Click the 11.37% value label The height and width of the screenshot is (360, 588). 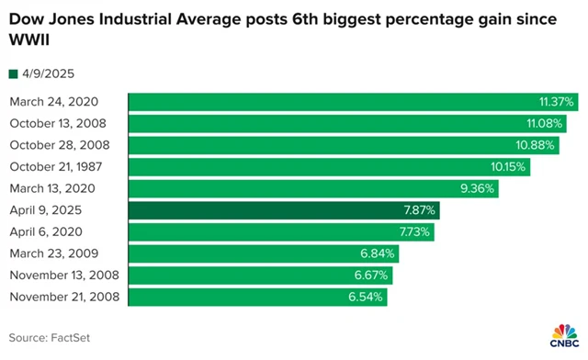tap(557, 102)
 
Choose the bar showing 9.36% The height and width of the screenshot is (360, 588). tap(312, 188)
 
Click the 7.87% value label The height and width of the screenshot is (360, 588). tap(420, 210)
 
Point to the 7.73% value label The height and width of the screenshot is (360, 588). tap(413, 231)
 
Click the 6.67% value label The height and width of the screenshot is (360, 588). tap(373, 275)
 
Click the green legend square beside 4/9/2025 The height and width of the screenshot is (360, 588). tap(13, 73)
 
